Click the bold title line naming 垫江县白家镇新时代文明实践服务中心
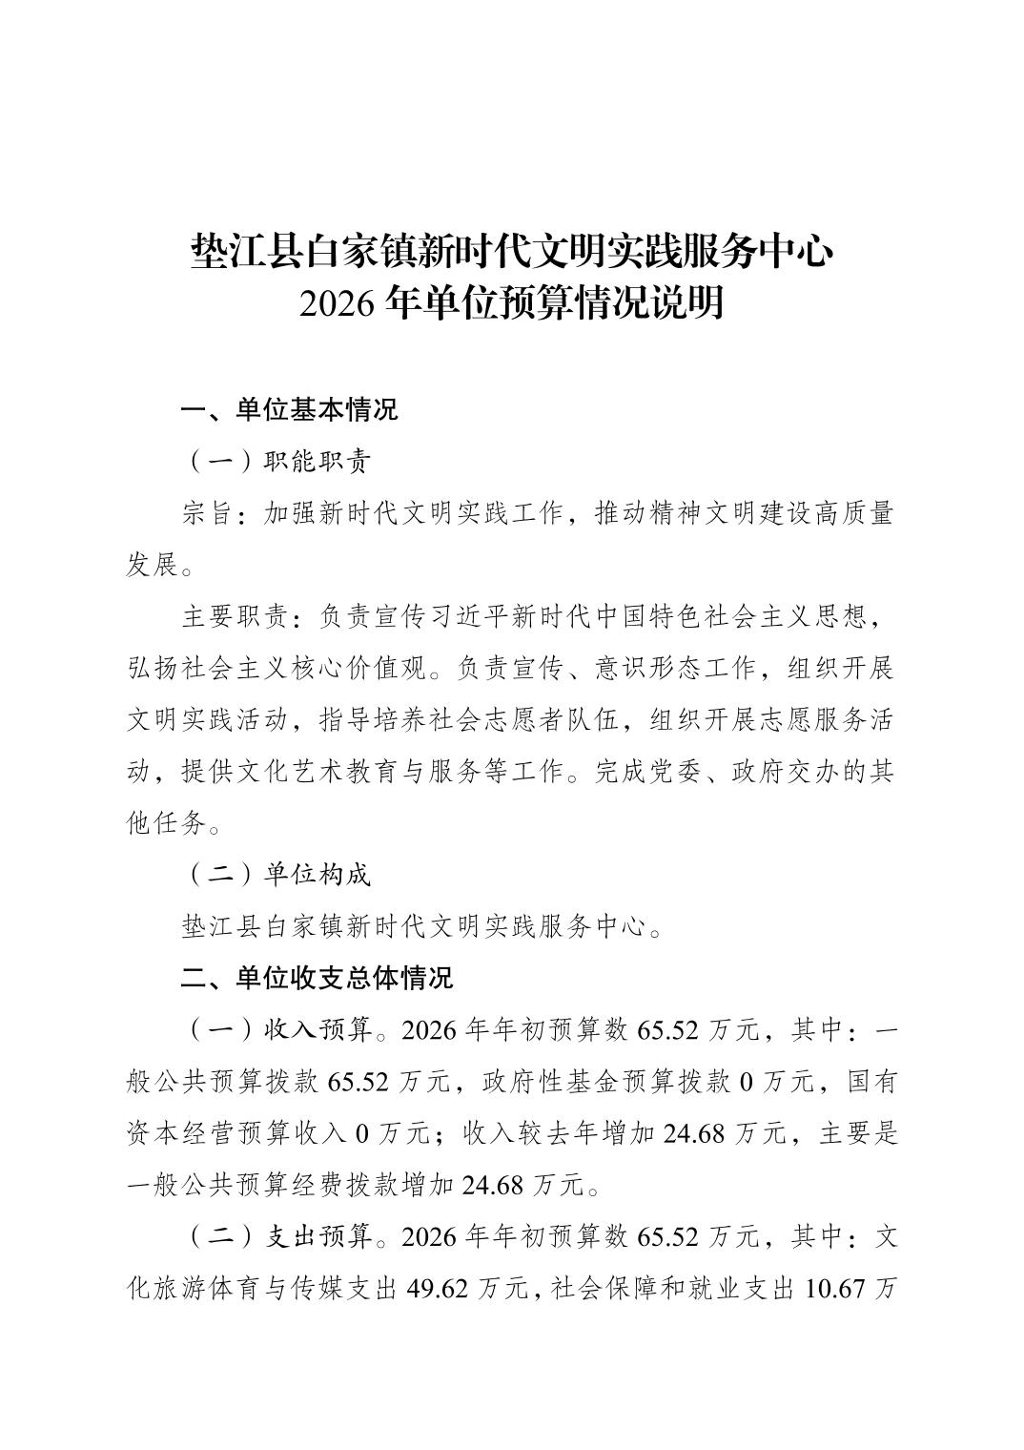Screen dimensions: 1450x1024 [x=512, y=253]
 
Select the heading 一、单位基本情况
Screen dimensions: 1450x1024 [x=289, y=410]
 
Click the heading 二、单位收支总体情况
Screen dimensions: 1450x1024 [x=317, y=978]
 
